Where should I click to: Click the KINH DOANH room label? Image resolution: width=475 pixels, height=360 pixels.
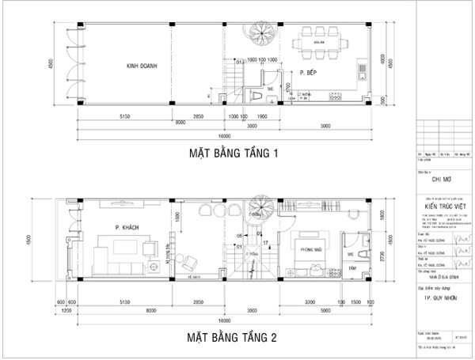(x=137, y=66)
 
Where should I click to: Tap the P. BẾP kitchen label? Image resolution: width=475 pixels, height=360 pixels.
(x=309, y=72)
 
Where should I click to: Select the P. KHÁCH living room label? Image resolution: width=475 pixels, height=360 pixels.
(x=127, y=227)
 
